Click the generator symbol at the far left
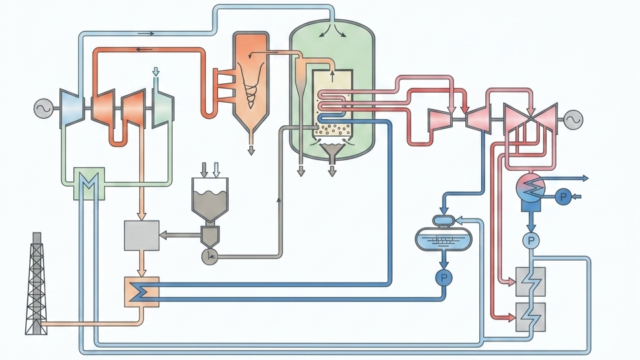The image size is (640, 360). click(44, 109)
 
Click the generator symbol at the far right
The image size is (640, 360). click(573, 120)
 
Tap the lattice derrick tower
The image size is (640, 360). click(36, 284)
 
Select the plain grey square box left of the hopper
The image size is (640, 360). click(142, 236)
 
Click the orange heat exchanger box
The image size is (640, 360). click(142, 292)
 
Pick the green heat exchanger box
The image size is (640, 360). click(89, 183)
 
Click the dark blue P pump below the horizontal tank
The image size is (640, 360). click(444, 278)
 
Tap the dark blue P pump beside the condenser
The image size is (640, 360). click(563, 198)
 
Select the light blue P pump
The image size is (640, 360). click(531, 241)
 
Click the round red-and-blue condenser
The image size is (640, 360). click(531, 188)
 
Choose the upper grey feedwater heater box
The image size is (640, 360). click(530, 282)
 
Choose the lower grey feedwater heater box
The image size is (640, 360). click(530, 317)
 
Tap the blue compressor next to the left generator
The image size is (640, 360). click(72, 108)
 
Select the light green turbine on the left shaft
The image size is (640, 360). click(163, 108)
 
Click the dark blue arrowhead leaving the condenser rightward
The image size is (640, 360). click(586, 178)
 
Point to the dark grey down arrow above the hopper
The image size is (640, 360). click(204, 169)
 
